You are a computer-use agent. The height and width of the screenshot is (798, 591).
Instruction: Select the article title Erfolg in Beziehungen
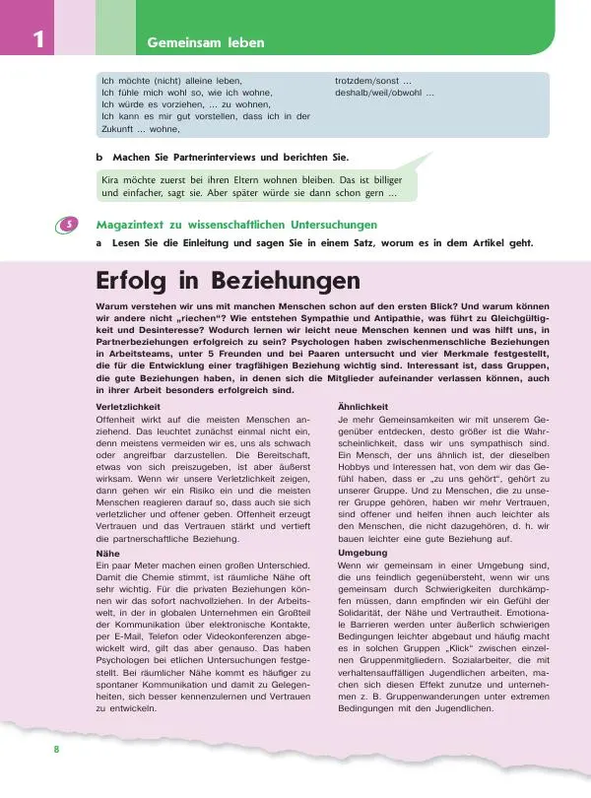tap(228, 282)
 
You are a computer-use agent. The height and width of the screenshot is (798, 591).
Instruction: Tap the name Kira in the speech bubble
tap(113, 180)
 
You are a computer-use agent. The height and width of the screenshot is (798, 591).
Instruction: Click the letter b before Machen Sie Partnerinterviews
tap(98, 157)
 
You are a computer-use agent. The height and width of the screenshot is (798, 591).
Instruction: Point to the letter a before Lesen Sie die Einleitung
tap(98, 242)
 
